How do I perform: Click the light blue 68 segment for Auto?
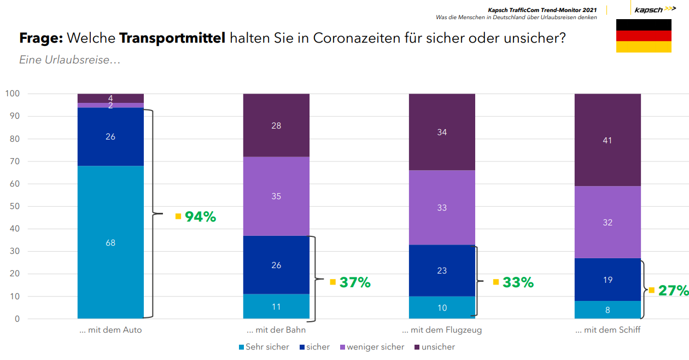pos(110,242)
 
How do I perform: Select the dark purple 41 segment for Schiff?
pos(607,140)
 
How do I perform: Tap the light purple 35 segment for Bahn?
pos(276,196)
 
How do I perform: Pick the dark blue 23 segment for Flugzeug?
pos(442,270)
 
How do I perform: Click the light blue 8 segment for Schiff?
pos(607,310)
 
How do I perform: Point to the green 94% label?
pos(200,217)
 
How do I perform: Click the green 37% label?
pos(355,282)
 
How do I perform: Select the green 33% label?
pos(518,282)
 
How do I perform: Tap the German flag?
pos(644,36)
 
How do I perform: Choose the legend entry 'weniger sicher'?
pos(375,347)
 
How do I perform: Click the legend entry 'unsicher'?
pos(437,347)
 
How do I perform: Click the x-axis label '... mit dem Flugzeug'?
pos(442,330)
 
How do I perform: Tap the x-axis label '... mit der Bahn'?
pos(276,330)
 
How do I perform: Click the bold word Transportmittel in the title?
pos(172,39)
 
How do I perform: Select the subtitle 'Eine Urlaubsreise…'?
pos(69,60)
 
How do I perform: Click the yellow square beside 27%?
pos(651,290)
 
